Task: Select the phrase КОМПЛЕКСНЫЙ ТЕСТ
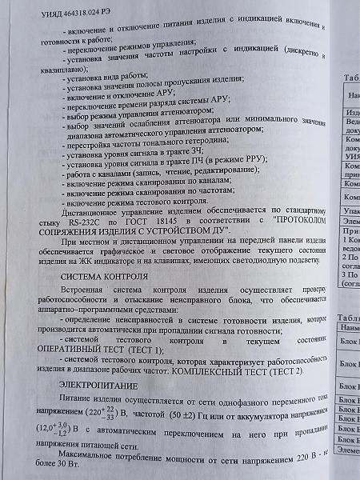(231, 373)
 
